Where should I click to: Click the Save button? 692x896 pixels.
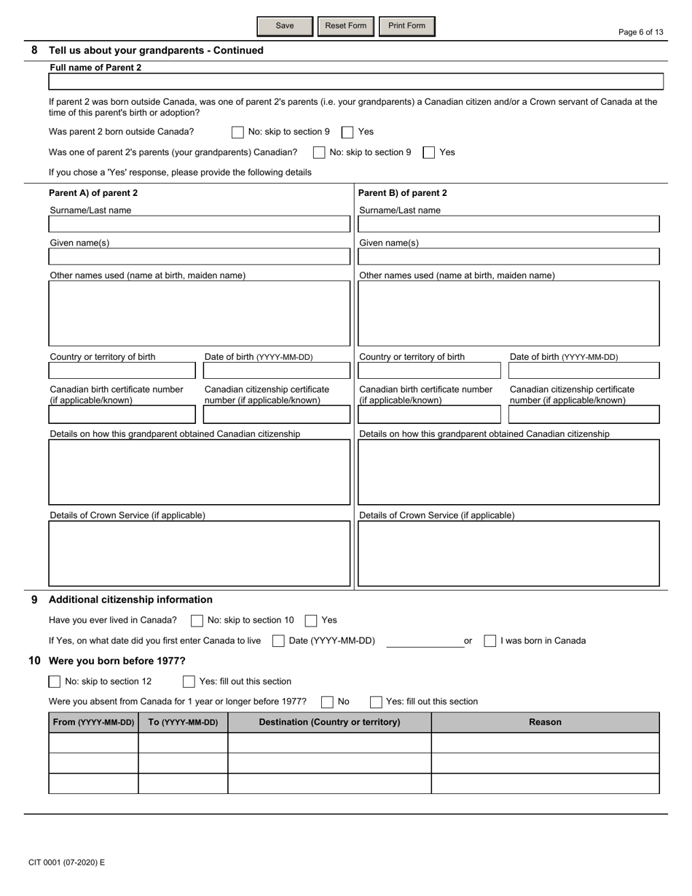pos(285,26)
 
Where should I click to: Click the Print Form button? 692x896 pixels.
pos(406,26)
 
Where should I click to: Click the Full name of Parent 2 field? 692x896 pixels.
pos(355,82)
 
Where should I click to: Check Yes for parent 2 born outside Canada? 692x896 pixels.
pos(348,132)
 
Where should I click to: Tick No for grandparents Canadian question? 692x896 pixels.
pos(319,152)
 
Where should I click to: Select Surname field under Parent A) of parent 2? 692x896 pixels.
pos(199,224)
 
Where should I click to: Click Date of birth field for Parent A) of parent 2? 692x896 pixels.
pos(276,371)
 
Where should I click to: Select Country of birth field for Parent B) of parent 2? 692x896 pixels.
pos(429,371)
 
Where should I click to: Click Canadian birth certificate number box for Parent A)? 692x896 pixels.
pos(122,415)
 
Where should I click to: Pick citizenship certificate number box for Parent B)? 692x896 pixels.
pos(583,415)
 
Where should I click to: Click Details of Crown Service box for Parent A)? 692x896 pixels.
pos(199,554)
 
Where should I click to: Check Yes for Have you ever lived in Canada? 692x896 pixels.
pos(311,621)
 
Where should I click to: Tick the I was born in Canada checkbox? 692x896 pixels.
pos(490,641)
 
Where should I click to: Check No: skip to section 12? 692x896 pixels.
pos(55,682)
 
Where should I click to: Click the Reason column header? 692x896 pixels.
pos(545,722)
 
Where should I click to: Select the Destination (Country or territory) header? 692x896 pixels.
pos(329,722)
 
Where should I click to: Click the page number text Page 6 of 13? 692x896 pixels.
pos(640,32)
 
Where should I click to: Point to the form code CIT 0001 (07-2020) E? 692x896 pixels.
pos(67,862)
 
